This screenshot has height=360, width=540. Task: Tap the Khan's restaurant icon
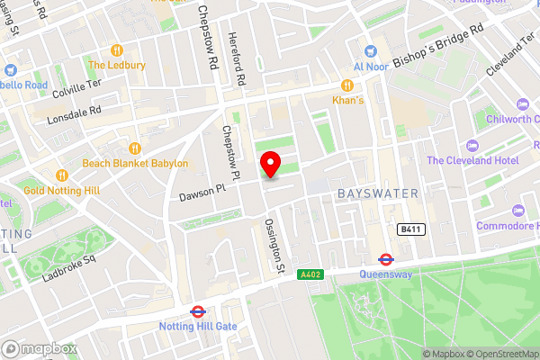click(x=346, y=85)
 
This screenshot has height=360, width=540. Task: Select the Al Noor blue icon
click(x=370, y=51)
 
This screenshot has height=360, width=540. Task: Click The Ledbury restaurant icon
click(x=116, y=50)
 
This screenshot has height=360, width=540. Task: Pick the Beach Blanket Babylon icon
click(x=135, y=148)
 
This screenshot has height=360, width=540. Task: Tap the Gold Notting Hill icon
click(x=62, y=175)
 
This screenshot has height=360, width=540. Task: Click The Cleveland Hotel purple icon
click(x=469, y=146)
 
